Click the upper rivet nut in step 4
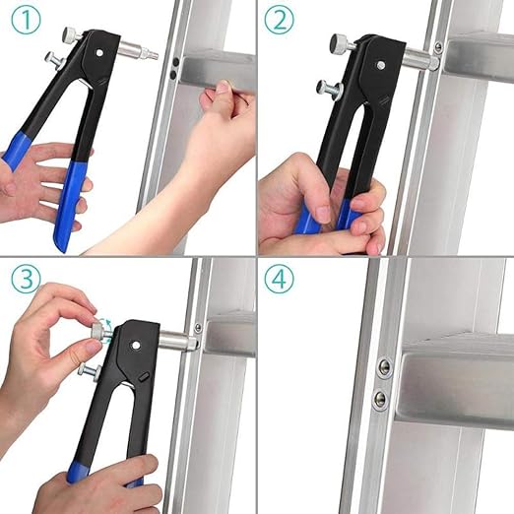tap(383, 367)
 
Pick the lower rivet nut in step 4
tap(380, 399)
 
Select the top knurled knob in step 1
tap(72, 34)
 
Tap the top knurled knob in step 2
tap(340, 43)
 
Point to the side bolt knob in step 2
tap(326, 87)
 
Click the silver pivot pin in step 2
tap(381, 67)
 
